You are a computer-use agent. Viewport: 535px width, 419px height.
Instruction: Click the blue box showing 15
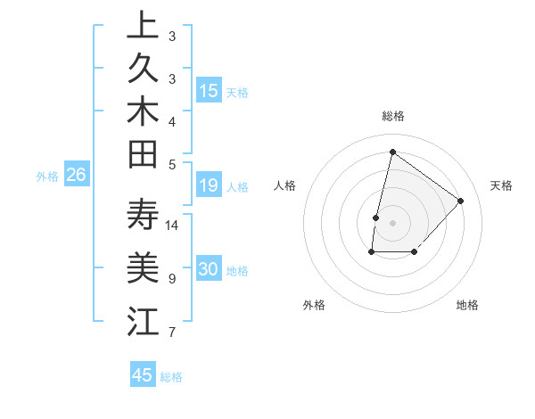click(x=209, y=91)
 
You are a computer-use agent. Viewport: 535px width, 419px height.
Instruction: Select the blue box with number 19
click(x=209, y=186)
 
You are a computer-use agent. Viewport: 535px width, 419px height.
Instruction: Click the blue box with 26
click(x=77, y=176)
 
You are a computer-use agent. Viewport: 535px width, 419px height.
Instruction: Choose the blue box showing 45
click(x=143, y=375)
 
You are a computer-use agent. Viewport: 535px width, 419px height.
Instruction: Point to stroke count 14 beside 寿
click(x=172, y=225)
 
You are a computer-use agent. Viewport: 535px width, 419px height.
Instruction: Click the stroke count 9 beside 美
click(x=171, y=279)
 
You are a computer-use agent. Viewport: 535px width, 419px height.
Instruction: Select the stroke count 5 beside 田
click(x=171, y=164)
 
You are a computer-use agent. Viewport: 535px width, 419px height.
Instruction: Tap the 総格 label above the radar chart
click(x=392, y=116)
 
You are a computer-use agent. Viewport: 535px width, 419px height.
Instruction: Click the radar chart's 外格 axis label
click(x=314, y=305)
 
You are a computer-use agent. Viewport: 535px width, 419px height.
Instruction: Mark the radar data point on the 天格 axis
click(x=461, y=201)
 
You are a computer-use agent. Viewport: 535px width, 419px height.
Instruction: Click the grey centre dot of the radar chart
click(x=392, y=223)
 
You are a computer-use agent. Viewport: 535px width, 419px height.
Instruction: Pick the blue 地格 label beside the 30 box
click(x=237, y=271)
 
